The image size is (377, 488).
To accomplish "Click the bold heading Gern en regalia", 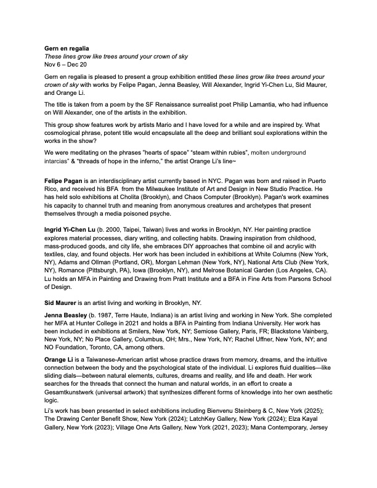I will tap(67, 48).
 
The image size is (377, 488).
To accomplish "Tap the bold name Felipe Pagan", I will tap(65, 179).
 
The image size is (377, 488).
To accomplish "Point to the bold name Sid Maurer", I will tap(62, 319).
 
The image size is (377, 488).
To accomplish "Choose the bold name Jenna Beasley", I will tap(66, 333).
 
